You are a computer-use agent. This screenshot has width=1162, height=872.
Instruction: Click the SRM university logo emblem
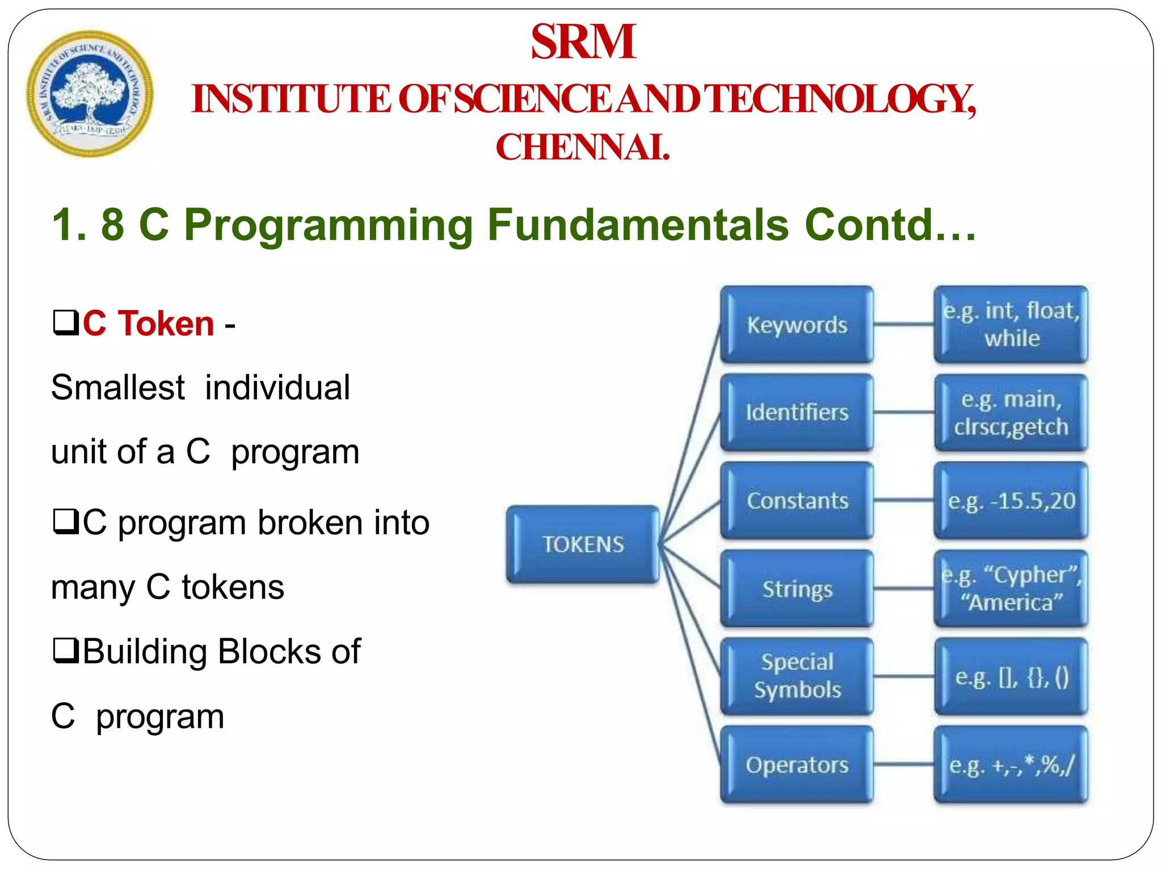click(x=90, y=94)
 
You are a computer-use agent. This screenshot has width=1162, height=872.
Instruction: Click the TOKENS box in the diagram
click(x=583, y=544)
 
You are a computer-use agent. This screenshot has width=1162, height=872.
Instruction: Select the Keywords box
click(x=797, y=325)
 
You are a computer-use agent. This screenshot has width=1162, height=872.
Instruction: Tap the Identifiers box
click(x=797, y=413)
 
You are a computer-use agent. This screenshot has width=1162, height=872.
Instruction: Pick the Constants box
click(x=797, y=501)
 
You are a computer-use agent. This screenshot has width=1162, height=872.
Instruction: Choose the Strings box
click(x=797, y=589)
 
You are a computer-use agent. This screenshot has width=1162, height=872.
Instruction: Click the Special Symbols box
click(x=797, y=676)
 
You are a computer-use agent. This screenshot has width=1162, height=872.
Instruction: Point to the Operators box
click(x=797, y=765)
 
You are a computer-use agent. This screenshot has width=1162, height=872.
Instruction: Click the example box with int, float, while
click(x=1011, y=325)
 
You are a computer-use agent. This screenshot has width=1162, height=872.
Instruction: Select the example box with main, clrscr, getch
click(x=1011, y=413)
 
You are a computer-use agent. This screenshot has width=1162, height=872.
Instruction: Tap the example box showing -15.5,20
click(x=1011, y=501)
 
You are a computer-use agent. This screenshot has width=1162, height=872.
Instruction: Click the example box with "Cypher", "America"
click(x=1011, y=589)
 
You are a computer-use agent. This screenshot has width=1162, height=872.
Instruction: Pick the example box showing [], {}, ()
click(x=1011, y=676)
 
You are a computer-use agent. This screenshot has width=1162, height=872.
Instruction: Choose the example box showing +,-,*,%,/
click(x=1011, y=765)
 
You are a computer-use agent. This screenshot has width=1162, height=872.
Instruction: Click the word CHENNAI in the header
click(x=583, y=147)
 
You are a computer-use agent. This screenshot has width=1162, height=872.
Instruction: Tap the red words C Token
click(x=148, y=324)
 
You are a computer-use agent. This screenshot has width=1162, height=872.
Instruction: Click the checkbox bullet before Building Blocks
click(x=65, y=651)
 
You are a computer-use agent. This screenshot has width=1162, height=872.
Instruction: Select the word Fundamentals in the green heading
click(x=638, y=225)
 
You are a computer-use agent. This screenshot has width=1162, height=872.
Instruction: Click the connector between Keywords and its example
click(x=903, y=325)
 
